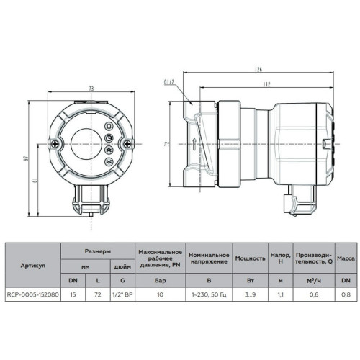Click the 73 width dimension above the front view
pos(91,89)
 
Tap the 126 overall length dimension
pos(256,70)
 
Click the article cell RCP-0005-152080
pos(32,294)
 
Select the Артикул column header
pos(32,265)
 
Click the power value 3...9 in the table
pos(250,294)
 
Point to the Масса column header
pos(344,258)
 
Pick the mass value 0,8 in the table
pos(344,294)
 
